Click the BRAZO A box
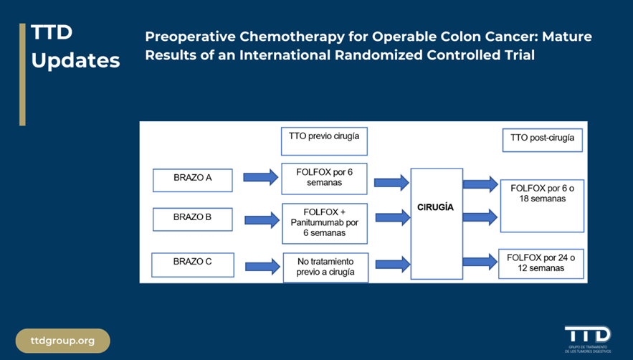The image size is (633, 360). click(192, 180)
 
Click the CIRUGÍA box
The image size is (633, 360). click(436, 224)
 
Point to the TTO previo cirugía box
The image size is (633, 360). click(324, 141)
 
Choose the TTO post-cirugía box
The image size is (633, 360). click(542, 141)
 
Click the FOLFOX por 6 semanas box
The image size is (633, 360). click(324, 179)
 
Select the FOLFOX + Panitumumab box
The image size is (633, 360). click(324, 222)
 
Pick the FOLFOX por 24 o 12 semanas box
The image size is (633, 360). click(542, 263)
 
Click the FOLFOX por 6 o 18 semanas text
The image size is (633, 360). click(542, 194)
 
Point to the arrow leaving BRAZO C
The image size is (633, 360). click(262, 266)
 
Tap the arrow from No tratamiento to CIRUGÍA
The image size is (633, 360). click(391, 265)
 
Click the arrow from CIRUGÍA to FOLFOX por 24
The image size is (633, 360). click(480, 262)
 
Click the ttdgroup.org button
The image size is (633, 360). click(63, 341)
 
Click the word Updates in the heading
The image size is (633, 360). click(75, 60)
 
